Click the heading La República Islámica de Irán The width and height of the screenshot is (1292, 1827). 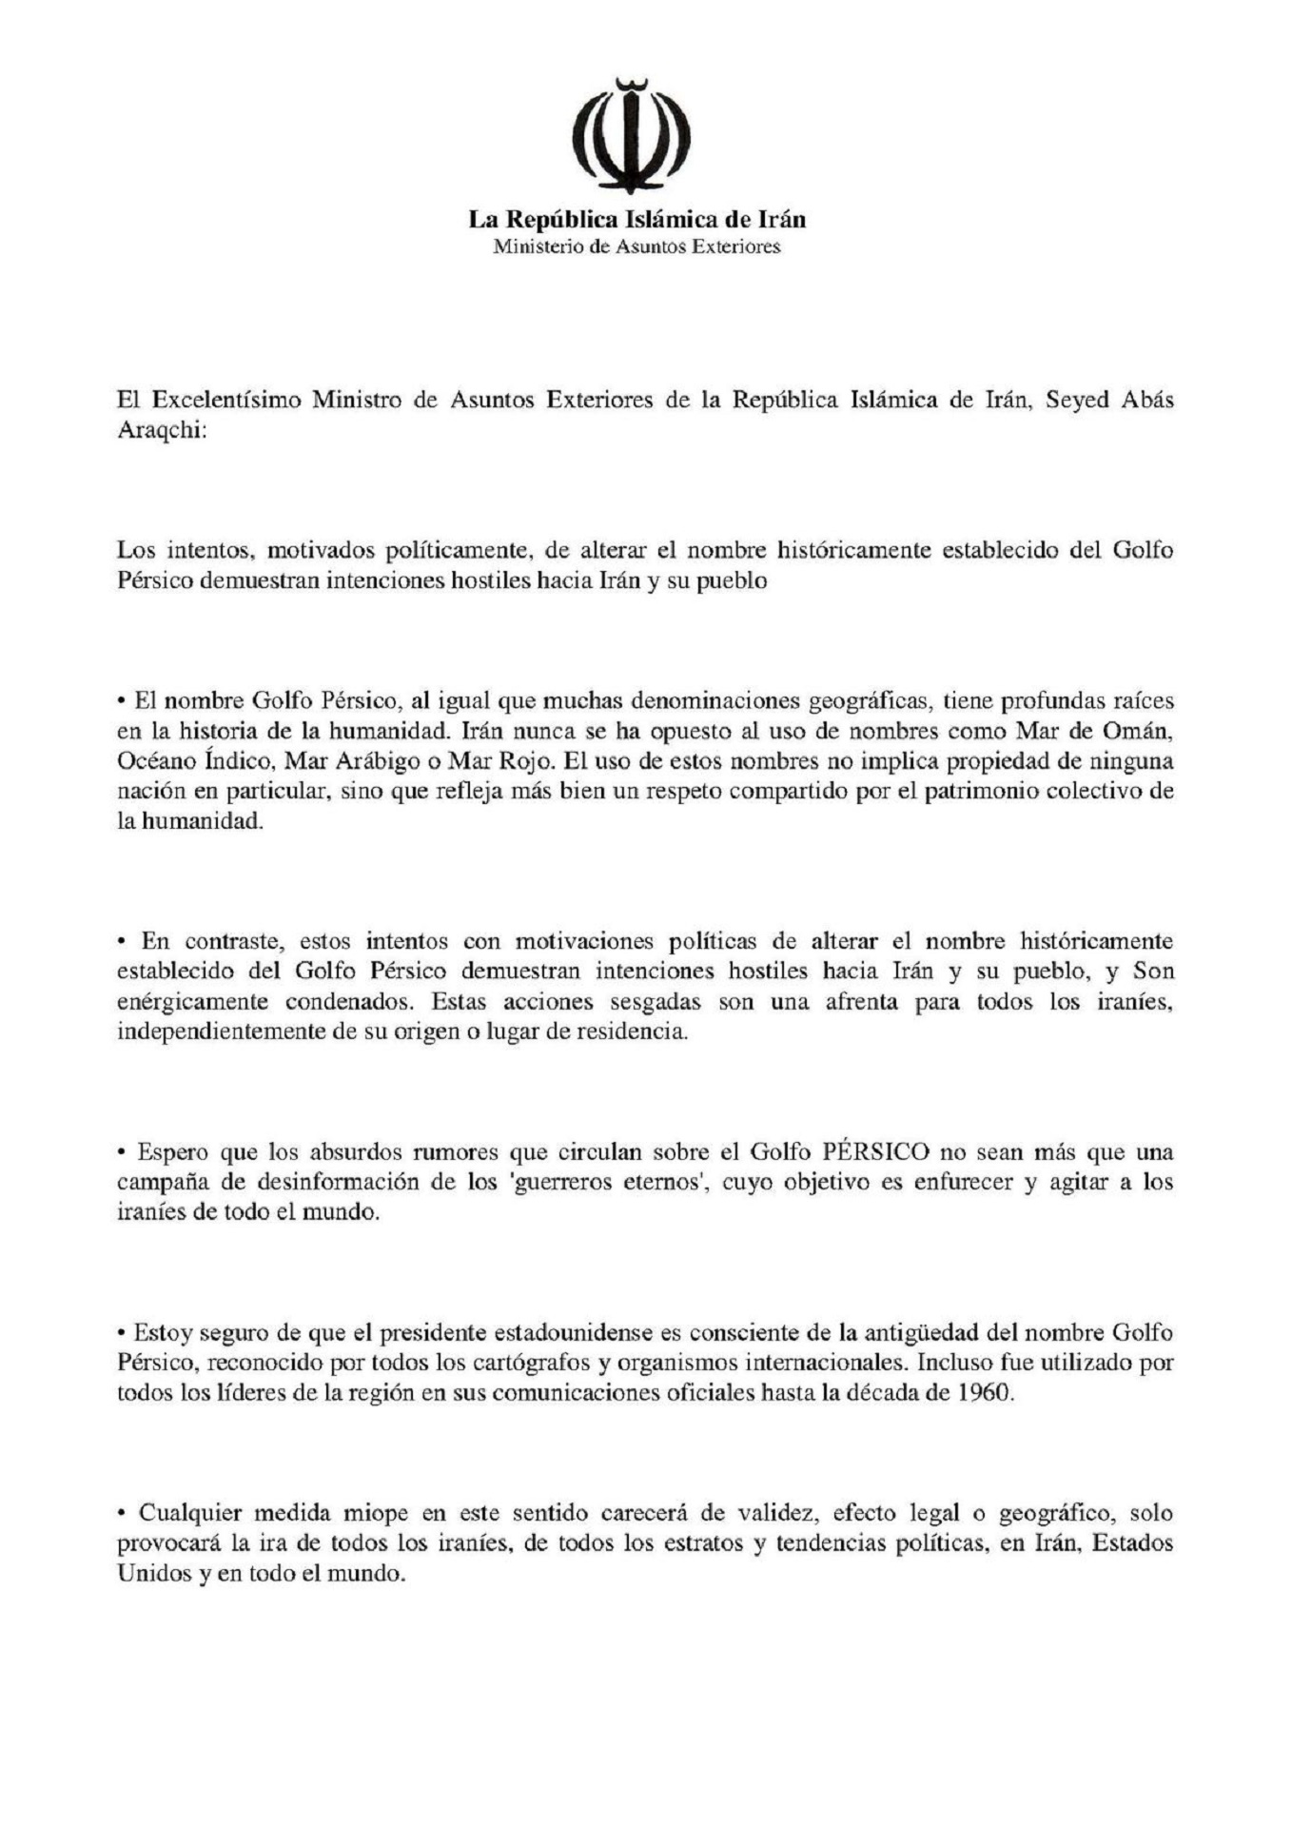[x=636, y=220]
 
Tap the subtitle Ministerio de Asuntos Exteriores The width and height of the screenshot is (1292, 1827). [x=636, y=247]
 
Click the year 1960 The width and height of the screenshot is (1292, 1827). [x=980, y=1394]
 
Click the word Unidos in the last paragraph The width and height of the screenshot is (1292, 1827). [x=154, y=1575]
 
